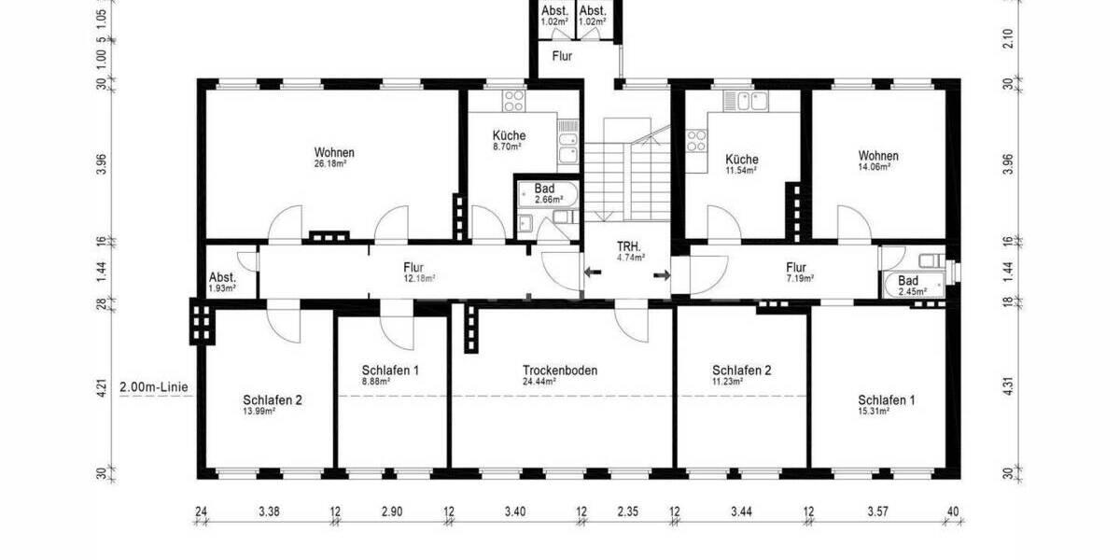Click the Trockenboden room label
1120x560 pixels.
[x=560, y=370]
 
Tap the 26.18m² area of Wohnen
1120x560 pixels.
[x=334, y=163]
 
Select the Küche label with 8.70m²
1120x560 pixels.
[x=509, y=135]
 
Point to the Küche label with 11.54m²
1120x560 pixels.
[x=742, y=160]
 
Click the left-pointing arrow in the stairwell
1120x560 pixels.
[x=593, y=273]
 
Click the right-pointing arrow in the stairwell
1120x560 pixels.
[x=662, y=274]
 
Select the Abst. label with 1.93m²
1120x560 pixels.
[x=222, y=277]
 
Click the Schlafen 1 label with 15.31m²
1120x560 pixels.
[x=886, y=399]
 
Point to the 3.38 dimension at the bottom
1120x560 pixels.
[x=268, y=511]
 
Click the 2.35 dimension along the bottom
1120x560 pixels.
[x=627, y=511]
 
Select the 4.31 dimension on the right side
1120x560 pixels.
[x=1008, y=386]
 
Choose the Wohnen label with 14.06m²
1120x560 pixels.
[x=878, y=156]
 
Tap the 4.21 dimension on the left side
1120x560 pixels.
[x=103, y=386]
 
